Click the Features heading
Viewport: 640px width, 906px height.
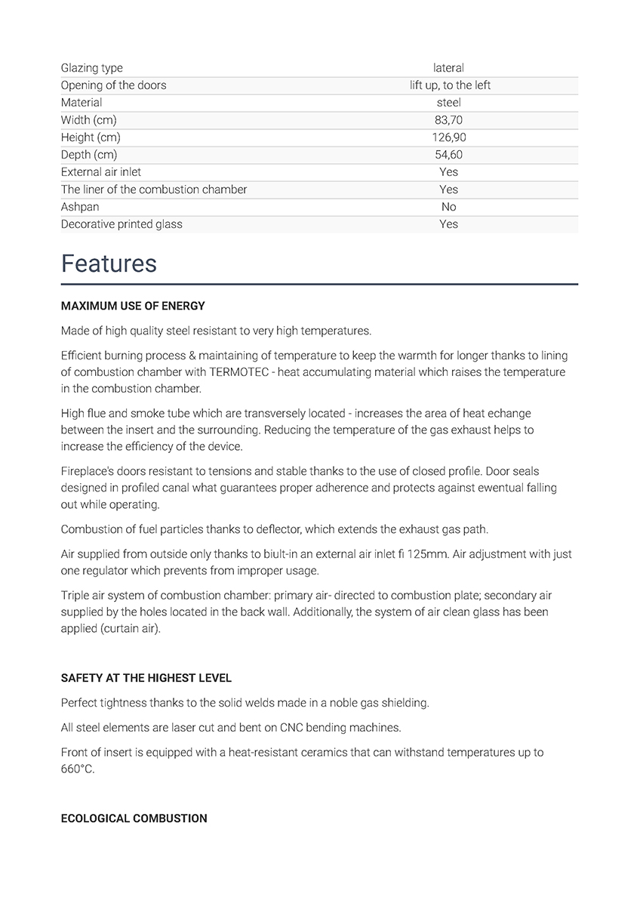[109, 263]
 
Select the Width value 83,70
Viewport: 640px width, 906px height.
[449, 120]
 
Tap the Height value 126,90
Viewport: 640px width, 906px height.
[449, 137]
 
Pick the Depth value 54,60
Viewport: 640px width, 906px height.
[449, 155]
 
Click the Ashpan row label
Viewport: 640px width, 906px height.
[80, 207]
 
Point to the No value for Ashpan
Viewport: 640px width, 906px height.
[449, 207]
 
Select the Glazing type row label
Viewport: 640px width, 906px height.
[91, 68]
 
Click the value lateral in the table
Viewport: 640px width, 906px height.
[449, 68]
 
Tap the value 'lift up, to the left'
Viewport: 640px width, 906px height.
[450, 85]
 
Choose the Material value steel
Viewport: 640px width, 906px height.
[449, 103]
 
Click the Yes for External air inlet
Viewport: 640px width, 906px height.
[449, 172]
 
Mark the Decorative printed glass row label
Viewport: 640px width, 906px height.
[122, 224]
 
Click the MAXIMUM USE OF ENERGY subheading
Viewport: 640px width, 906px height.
[133, 306]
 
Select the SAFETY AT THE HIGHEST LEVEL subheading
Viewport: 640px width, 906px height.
[146, 678]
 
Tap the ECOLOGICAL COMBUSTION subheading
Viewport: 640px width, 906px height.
[134, 818]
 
